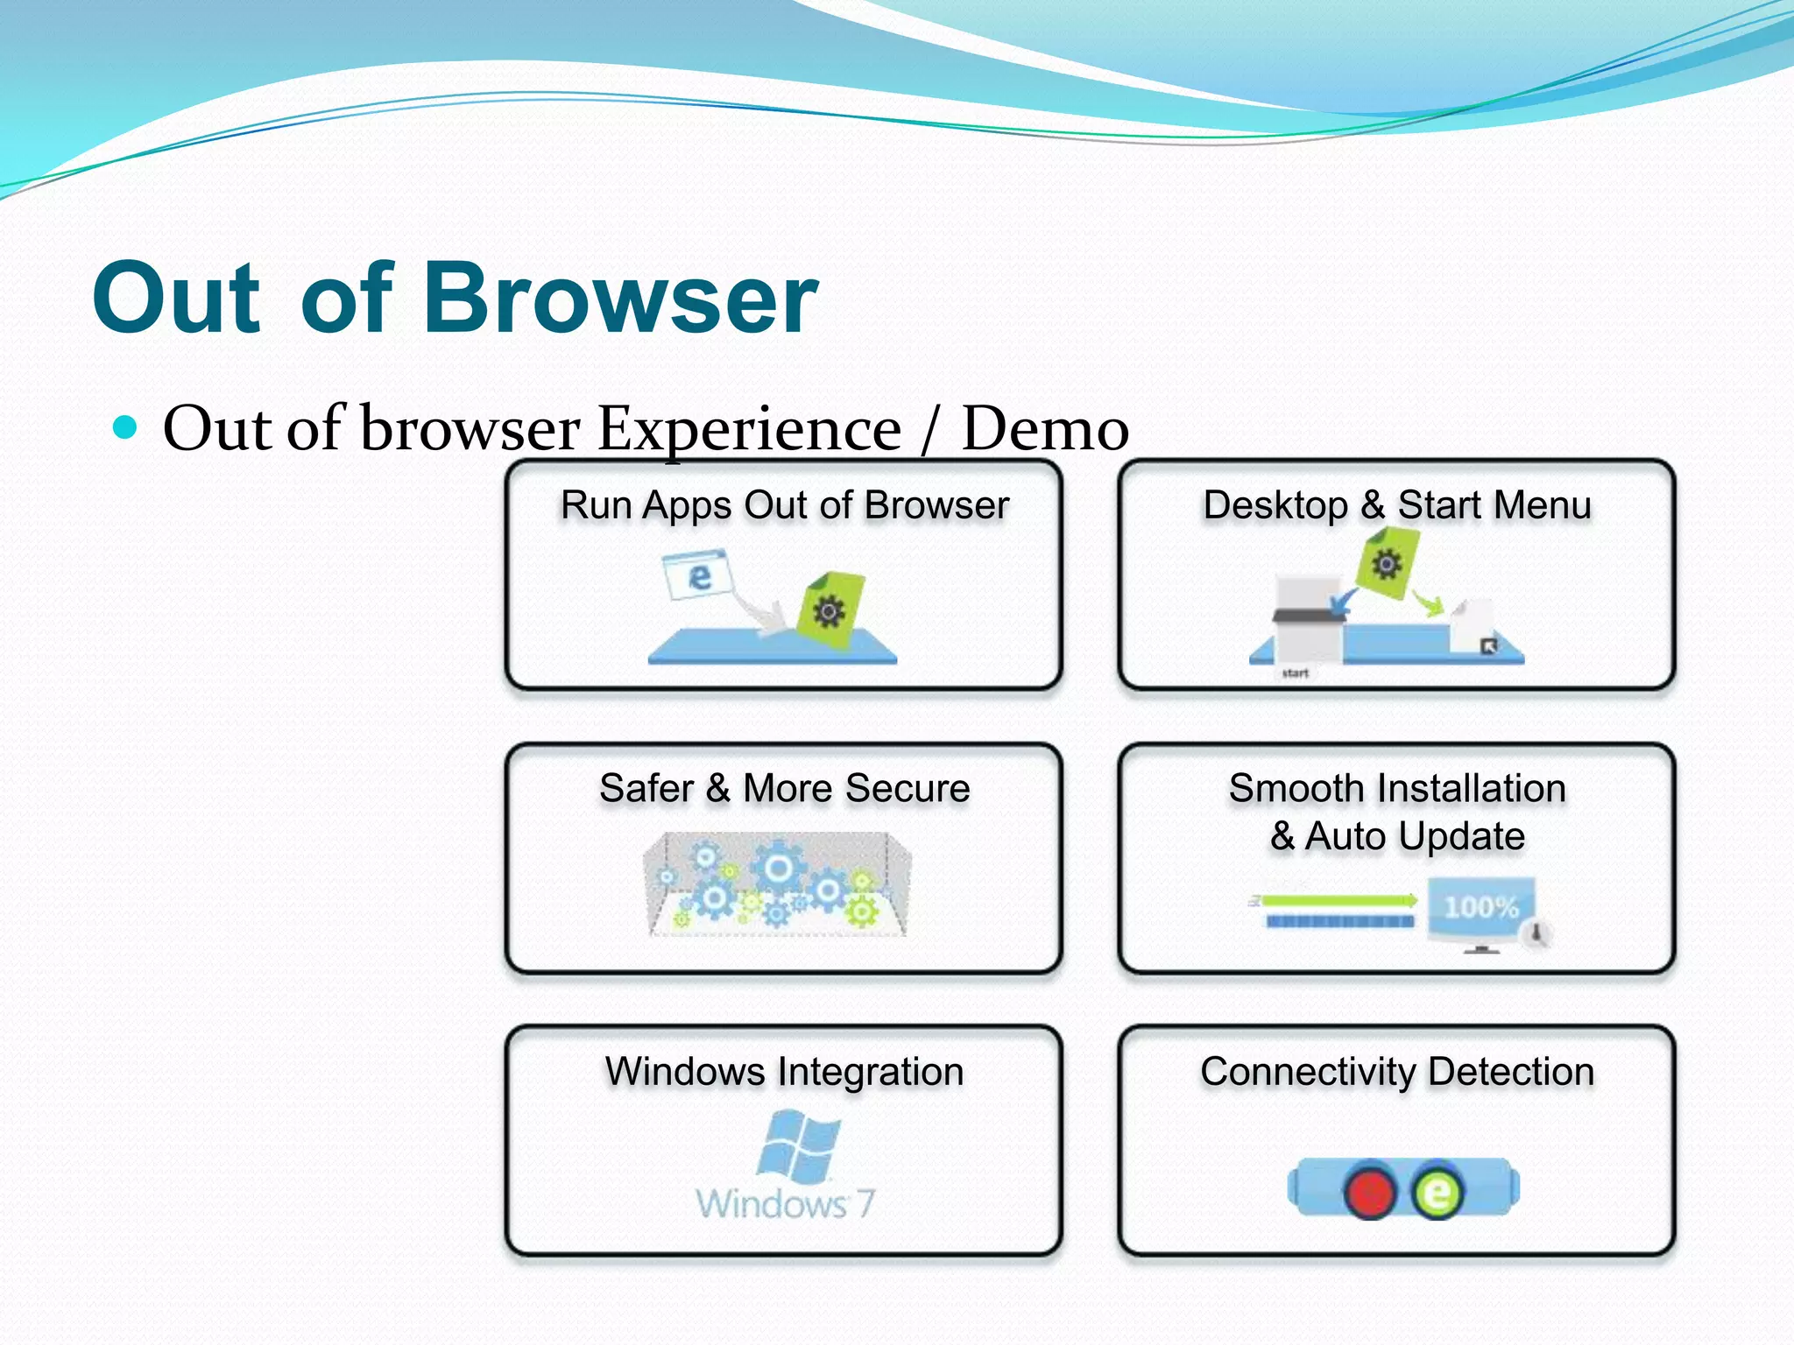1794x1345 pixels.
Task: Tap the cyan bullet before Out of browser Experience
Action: [x=126, y=427]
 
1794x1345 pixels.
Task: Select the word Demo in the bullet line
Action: [x=1044, y=429]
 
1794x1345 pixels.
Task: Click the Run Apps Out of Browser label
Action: [x=784, y=505]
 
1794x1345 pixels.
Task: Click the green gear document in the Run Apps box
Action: [x=830, y=610]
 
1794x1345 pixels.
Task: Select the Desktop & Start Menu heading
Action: [x=1396, y=505]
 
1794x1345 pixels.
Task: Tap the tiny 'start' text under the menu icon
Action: [x=1295, y=672]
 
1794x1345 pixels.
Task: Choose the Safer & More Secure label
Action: [x=784, y=788]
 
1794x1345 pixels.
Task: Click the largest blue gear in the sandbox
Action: [x=778, y=869]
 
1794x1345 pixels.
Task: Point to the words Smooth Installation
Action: [x=1396, y=788]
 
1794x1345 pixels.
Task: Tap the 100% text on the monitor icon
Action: [x=1480, y=907]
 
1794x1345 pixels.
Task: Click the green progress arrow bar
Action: [x=1336, y=900]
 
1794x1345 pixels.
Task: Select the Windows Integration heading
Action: [x=784, y=1072]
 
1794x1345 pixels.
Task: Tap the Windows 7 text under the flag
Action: [x=785, y=1204]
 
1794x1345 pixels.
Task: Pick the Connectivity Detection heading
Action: [x=1396, y=1072]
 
